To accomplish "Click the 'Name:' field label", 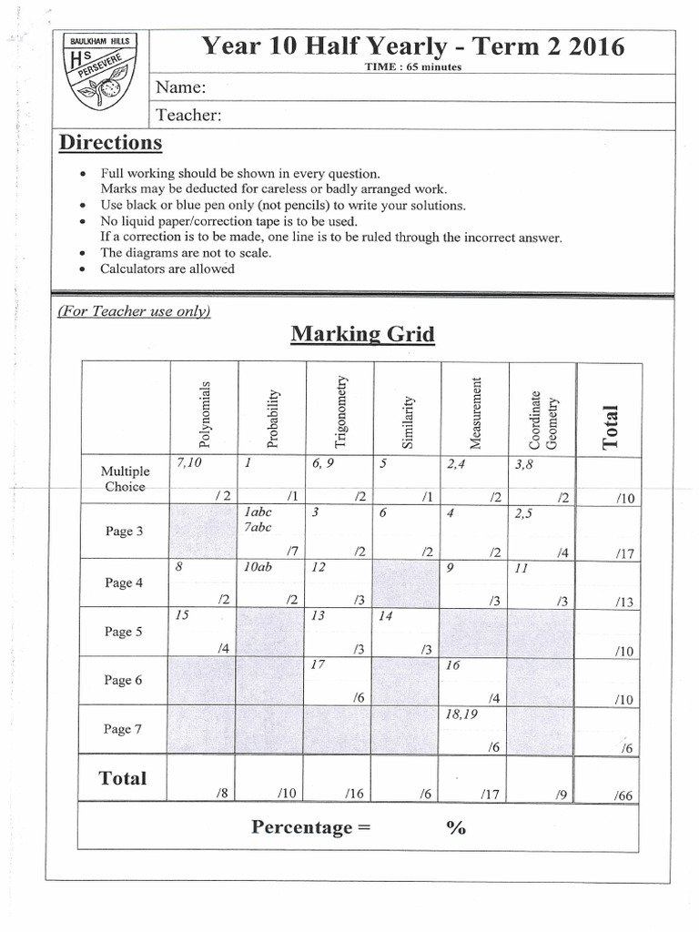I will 181,88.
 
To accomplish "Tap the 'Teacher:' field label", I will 189,115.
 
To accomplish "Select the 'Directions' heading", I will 110,143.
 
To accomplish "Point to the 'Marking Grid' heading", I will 362,334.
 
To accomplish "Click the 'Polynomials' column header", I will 204,414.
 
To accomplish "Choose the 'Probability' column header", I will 272,418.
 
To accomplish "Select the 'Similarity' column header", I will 408,421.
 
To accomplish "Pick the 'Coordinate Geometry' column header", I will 542,420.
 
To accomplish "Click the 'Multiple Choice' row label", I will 126,479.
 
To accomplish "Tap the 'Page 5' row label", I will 124,632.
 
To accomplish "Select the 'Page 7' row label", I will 124,728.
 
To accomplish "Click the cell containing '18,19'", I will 474,728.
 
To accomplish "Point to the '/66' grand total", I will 623,795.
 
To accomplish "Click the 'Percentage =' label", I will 300,827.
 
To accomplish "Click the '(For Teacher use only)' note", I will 134,311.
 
